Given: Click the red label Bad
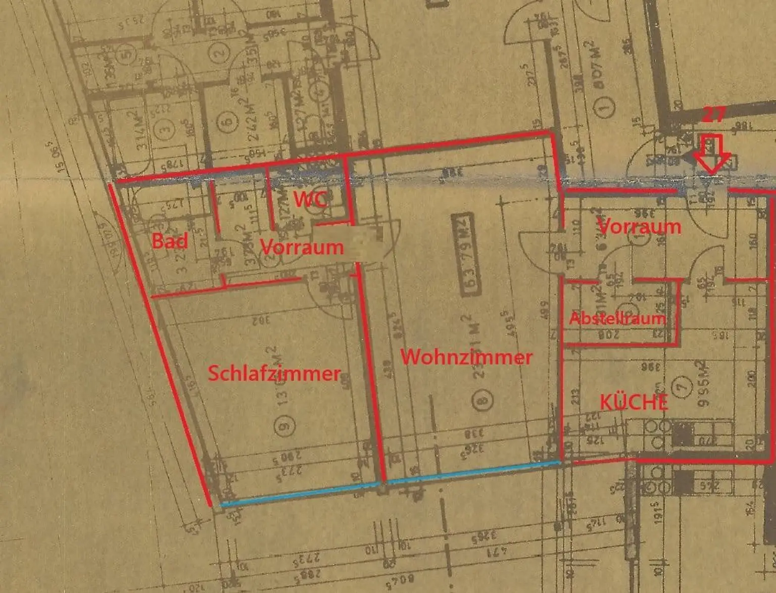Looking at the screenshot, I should [170, 241].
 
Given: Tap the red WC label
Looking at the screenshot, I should [310, 199].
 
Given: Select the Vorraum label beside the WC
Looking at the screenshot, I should [302, 247].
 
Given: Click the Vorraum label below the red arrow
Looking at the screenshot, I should [639, 226].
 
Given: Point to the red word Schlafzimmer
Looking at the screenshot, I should [274, 373].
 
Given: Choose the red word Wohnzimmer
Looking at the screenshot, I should [466, 357].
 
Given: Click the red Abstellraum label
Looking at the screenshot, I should [617, 318].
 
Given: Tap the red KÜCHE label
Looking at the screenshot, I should [634, 402].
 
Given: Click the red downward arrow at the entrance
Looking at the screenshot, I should [712, 154].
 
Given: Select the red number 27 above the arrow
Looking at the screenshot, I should [713, 115].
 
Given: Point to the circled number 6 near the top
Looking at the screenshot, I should [228, 122].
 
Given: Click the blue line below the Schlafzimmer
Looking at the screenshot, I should [300, 493].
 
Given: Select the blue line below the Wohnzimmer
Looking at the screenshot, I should [474, 471].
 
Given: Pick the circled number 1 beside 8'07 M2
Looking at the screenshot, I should [605, 107].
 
